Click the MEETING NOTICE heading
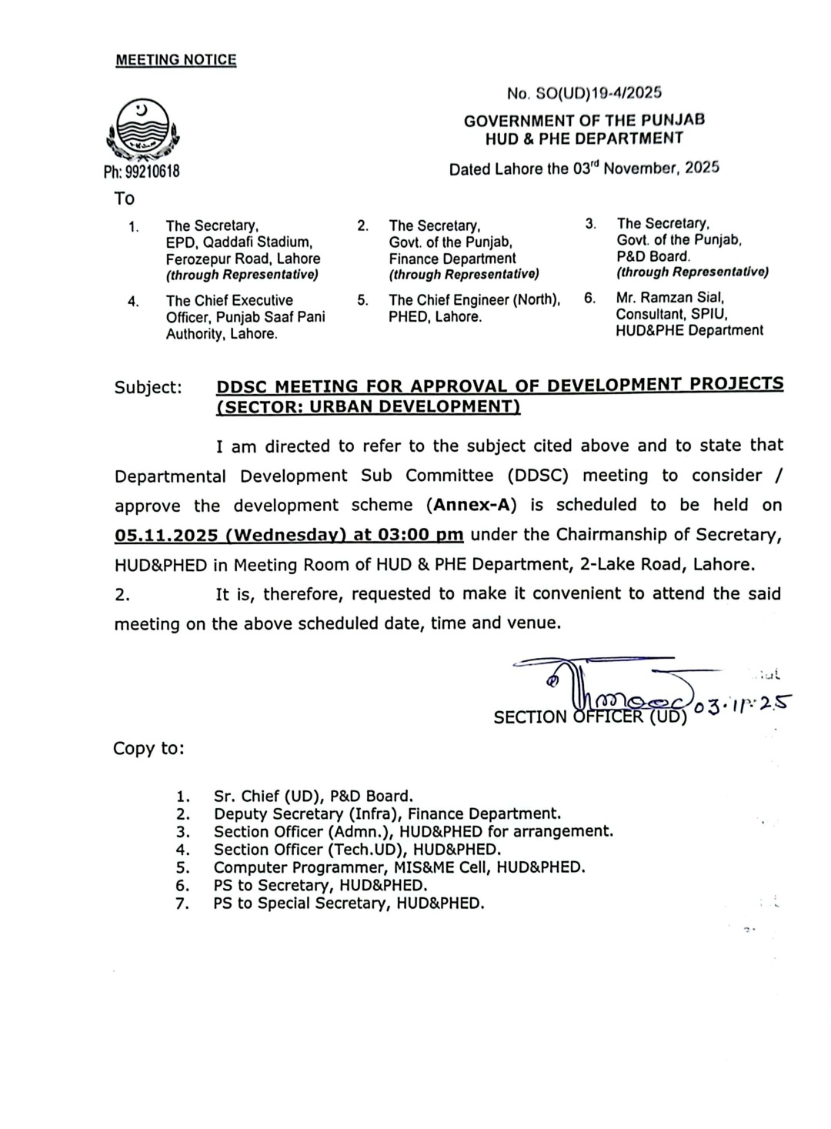click(176, 60)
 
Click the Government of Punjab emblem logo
click(142, 131)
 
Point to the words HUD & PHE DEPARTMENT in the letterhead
click(584, 139)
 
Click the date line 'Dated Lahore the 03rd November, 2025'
click(584, 168)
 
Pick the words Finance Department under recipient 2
click(452, 259)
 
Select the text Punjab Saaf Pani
click(270, 317)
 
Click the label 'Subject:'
click(149, 387)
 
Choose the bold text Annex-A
click(471, 506)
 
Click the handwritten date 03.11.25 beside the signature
click(743, 705)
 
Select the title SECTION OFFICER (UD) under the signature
click(590, 717)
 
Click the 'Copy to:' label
click(149, 748)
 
